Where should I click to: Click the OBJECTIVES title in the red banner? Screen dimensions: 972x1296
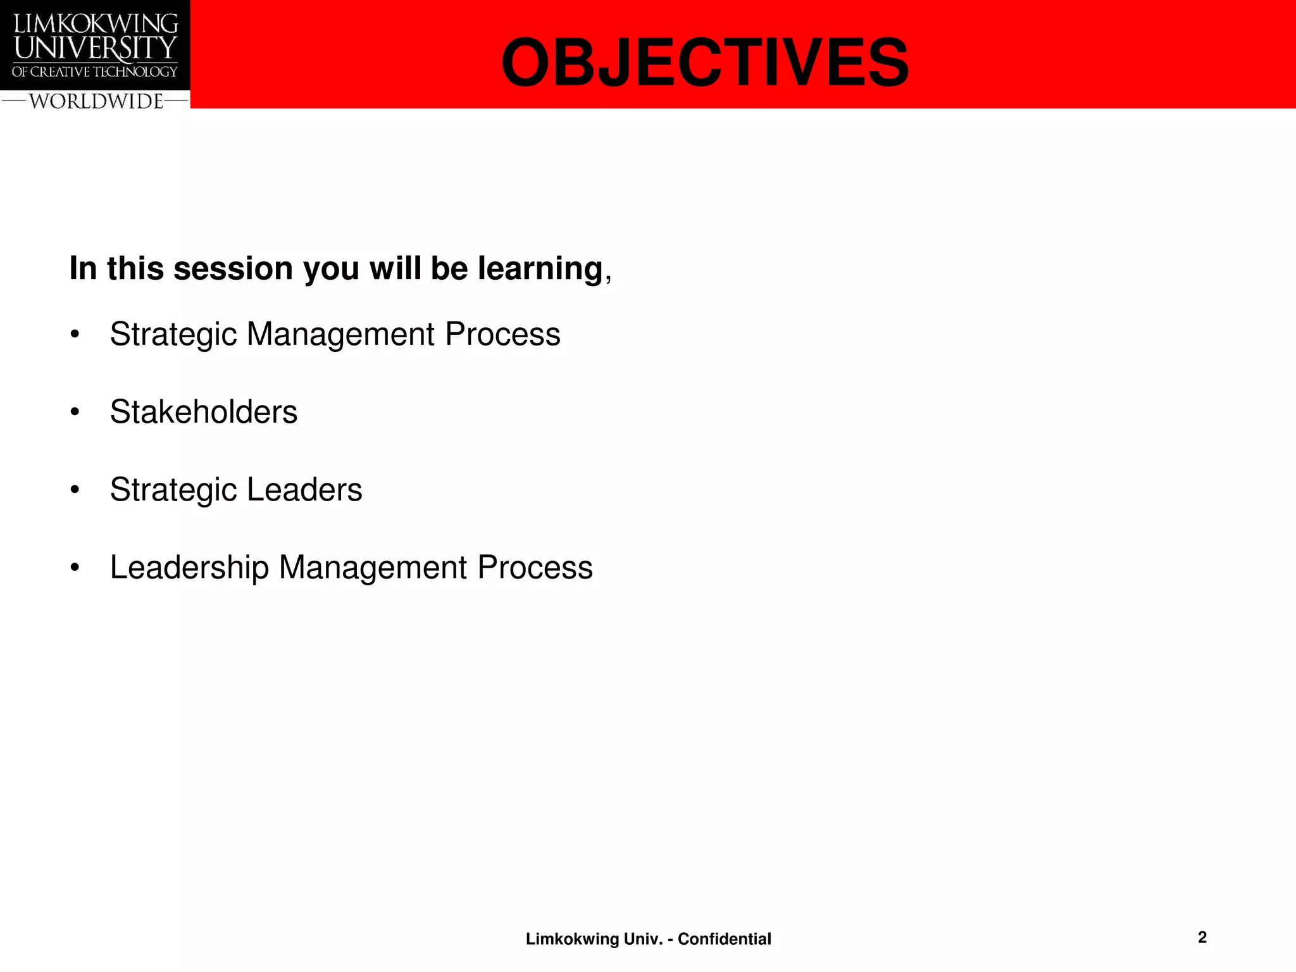coord(704,63)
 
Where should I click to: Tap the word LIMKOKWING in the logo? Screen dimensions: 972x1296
coord(96,23)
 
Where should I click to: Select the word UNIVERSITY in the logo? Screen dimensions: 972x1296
coord(95,48)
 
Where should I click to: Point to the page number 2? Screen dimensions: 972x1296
coord(1202,937)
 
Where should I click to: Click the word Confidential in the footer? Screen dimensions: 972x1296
coord(724,939)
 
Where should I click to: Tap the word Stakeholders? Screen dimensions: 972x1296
coord(203,412)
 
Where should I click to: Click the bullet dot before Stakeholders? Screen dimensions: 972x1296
coord(75,412)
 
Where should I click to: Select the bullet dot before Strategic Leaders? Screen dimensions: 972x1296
coord(75,490)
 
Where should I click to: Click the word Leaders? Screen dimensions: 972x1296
coord(304,490)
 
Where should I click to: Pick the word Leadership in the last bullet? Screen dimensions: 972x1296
coord(189,568)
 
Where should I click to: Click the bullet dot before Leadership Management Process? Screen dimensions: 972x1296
coord(75,568)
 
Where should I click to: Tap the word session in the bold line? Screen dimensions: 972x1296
coord(232,269)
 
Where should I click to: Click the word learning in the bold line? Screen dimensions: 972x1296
coord(540,269)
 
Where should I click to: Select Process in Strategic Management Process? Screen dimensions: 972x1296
coord(502,334)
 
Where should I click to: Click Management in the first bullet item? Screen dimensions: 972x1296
coord(340,334)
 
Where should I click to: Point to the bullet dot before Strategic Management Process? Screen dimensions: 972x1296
coord(75,334)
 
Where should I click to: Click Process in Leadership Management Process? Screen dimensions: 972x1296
coord(535,568)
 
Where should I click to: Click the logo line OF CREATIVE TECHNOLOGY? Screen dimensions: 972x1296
coord(95,72)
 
